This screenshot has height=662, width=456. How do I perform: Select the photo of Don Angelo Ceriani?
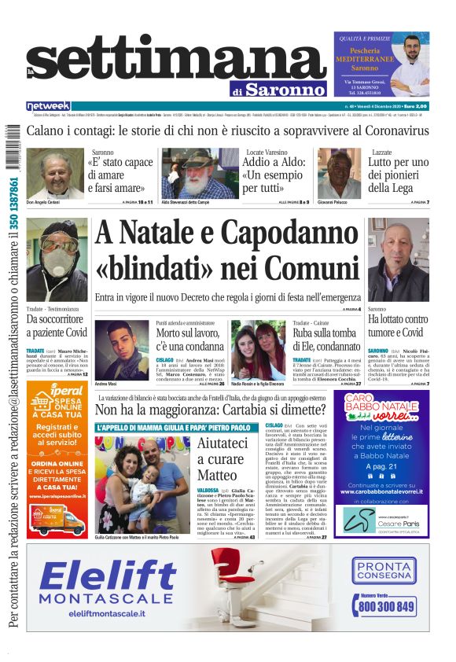(54, 175)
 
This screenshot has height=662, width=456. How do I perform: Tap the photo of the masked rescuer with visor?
(57, 260)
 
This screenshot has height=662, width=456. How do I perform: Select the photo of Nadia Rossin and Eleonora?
(259, 350)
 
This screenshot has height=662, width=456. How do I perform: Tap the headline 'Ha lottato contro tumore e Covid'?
(398, 325)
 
